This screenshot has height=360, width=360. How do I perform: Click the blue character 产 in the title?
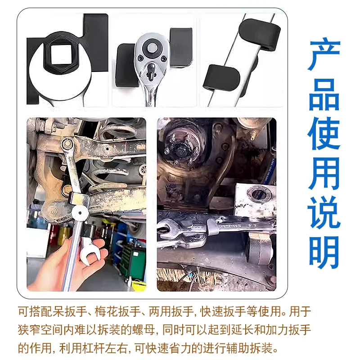click(x=324, y=55)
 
